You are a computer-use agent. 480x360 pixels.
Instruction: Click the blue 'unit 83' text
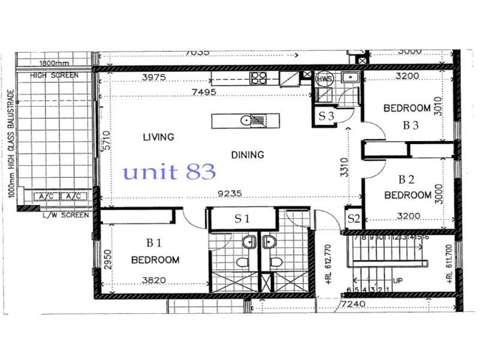(169, 173)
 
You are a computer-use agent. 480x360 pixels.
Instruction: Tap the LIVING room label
(158, 137)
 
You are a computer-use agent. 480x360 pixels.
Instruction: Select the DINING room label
(247, 155)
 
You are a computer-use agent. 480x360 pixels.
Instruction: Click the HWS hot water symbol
(324, 78)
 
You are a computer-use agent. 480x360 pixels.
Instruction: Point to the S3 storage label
(326, 117)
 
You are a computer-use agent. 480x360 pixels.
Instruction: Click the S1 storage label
(242, 219)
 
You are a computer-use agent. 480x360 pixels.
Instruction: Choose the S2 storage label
(353, 219)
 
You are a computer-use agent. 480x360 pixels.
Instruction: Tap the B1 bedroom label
(154, 243)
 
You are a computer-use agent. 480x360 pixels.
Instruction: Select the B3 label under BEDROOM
(410, 126)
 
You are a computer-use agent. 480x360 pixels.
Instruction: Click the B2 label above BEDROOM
(407, 179)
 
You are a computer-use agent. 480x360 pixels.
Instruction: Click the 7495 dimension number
(221, 91)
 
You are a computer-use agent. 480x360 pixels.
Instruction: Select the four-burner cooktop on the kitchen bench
(259, 77)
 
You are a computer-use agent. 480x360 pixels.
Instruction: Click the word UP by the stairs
(397, 280)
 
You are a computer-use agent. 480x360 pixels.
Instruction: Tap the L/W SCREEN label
(67, 215)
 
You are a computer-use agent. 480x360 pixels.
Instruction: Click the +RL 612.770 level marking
(328, 263)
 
